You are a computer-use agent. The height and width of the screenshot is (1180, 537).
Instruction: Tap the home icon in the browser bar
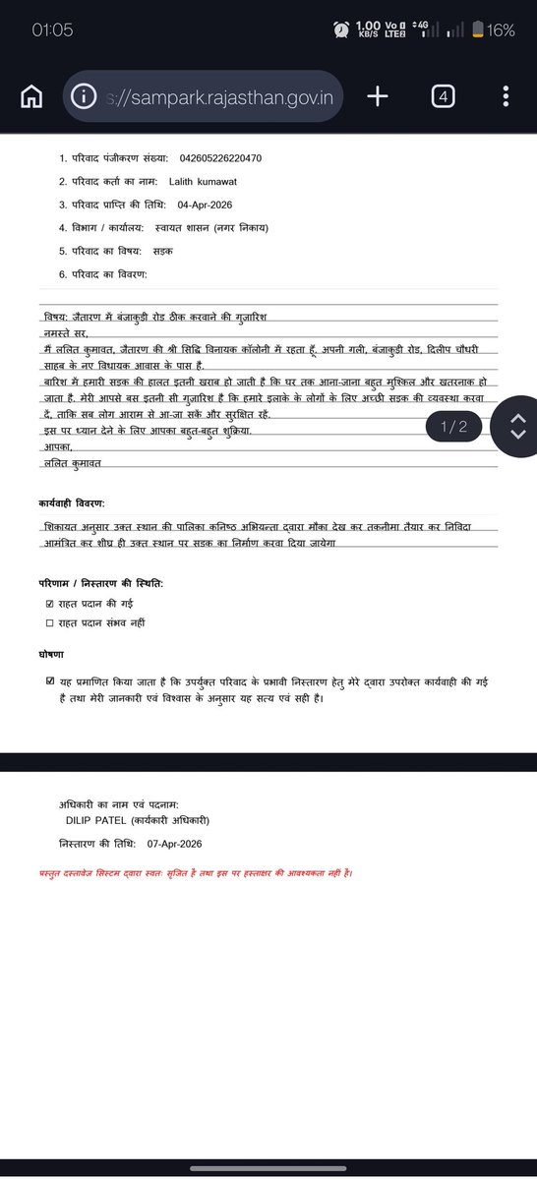31,96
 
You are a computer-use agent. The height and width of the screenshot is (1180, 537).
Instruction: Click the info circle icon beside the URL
86,96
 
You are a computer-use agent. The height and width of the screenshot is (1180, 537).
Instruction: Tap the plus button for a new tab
378,96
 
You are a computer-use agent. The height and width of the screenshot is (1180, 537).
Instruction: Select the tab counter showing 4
443,96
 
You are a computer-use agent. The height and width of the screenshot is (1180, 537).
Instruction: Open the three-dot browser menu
506,96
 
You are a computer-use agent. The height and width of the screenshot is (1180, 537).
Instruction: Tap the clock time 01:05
52,30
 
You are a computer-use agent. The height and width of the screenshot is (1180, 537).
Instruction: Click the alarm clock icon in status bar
340,30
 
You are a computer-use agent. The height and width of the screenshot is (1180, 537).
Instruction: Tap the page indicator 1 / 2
454,426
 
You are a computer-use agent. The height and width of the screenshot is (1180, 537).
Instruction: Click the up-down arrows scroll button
518,427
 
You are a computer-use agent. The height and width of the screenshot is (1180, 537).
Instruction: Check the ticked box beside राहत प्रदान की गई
50,604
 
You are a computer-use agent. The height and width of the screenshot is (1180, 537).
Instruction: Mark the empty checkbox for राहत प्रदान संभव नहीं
50,622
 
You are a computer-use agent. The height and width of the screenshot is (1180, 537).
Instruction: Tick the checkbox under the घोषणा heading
50,680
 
